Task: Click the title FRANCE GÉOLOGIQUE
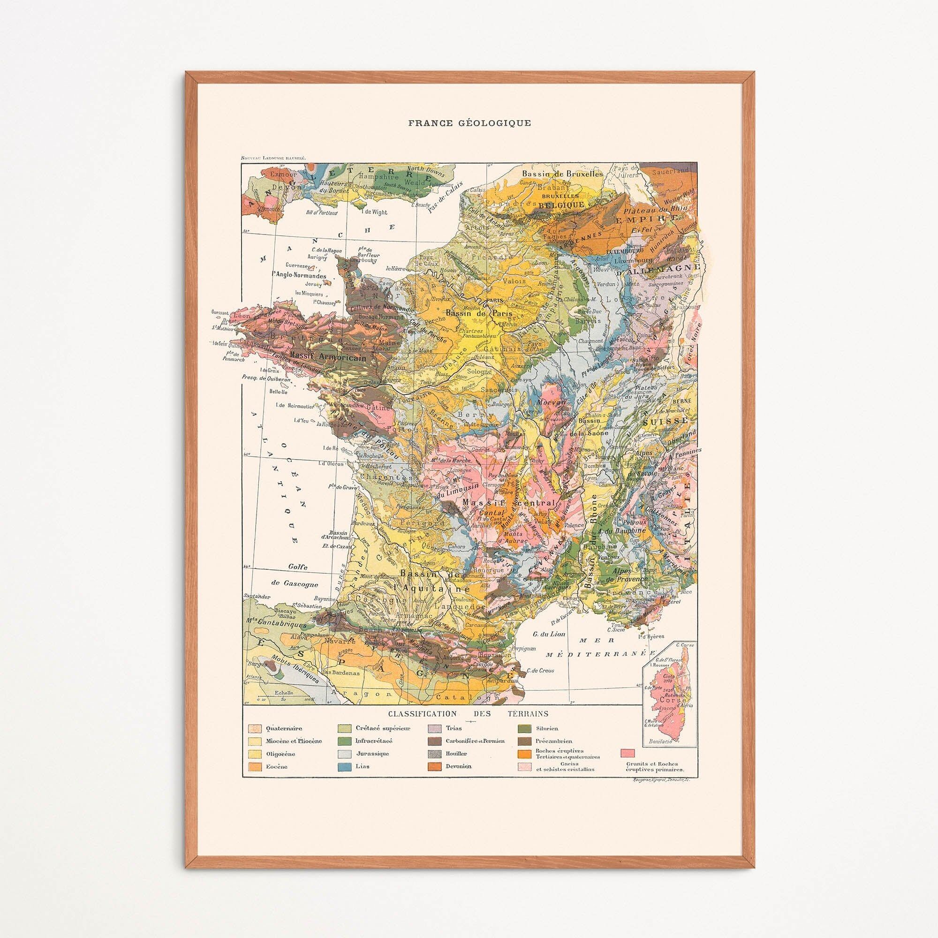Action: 469,123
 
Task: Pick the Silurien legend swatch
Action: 523,742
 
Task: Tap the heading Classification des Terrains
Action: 468,727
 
